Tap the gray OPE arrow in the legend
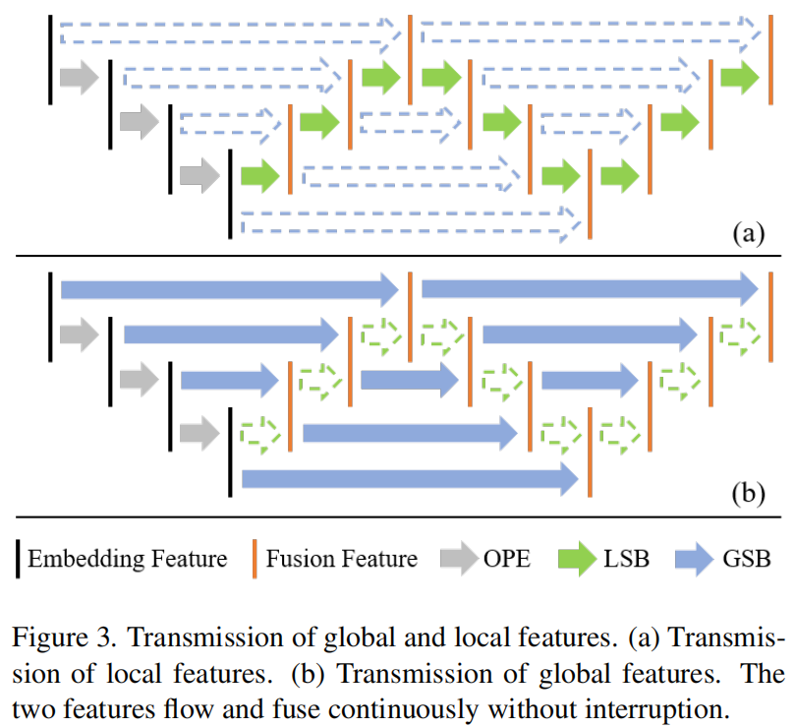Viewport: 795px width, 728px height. tap(457, 560)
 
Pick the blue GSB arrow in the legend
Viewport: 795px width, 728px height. tap(696, 560)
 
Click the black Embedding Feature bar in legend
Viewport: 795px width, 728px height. tap(18, 559)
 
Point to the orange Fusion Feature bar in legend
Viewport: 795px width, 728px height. tap(255, 559)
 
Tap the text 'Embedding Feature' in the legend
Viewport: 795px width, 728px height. tap(128, 560)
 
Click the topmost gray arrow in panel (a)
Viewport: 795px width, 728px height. tap(79, 77)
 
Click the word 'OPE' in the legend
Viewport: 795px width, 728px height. tap(506, 560)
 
